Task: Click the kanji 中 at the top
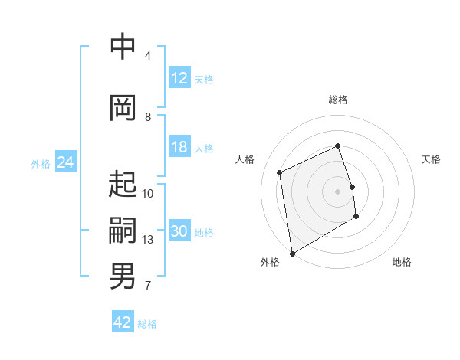pyautogui.click(x=123, y=47)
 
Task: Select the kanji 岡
pyautogui.click(x=123, y=108)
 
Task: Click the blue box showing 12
pyautogui.click(x=179, y=78)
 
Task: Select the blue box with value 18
pyautogui.click(x=179, y=148)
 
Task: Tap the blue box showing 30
pyautogui.click(x=179, y=232)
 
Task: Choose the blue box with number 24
pyautogui.click(x=65, y=162)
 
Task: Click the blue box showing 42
pyautogui.click(x=123, y=322)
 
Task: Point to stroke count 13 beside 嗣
pyautogui.click(x=148, y=240)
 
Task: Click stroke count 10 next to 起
pyautogui.click(x=148, y=194)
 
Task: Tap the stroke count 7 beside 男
pyautogui.click(x=148, y=286)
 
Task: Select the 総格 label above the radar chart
pyautogui.click(x=337, y=100)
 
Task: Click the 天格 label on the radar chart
pyautogui.click(x=431, y=159)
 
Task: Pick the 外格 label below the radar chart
pyautogui.click(x=270, y=262)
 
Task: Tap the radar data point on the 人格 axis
pyautogui.click(x=280, y=172)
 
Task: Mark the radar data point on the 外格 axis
pyautogui.click(x=291, y=253)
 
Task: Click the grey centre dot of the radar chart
pyautogui.click(x=337, y=191)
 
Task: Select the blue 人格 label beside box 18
pyautogui.click(x=204, y=149)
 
